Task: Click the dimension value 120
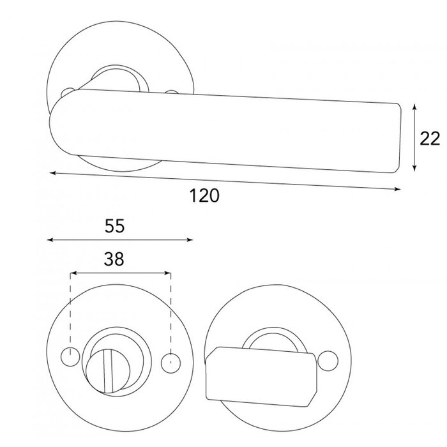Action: tap(204, 196)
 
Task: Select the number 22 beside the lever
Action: tap(431, 138)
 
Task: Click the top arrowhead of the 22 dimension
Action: tap(416, 107)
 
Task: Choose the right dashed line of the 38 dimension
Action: tap(170, 313)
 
